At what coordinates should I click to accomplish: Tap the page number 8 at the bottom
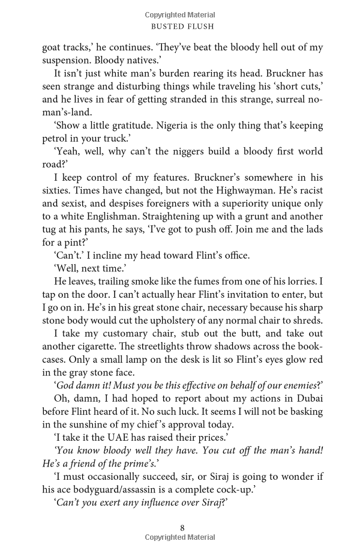(182, 528)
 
